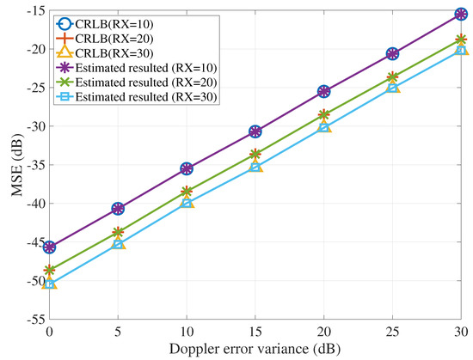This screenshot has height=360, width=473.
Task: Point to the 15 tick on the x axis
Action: (255, 332)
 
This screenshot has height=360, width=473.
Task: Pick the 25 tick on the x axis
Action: (393, 332)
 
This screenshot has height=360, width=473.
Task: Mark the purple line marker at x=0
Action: (49, 247)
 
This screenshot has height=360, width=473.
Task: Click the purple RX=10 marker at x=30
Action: (462, 14)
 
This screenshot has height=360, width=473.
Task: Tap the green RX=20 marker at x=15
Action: (255, 155)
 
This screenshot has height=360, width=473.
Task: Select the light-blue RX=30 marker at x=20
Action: (324, 127)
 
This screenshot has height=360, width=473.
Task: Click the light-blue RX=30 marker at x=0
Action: (49, 284)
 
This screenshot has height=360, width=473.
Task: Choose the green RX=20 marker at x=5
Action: (118, 232)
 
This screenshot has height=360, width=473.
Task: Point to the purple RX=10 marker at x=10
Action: (187, 168)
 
